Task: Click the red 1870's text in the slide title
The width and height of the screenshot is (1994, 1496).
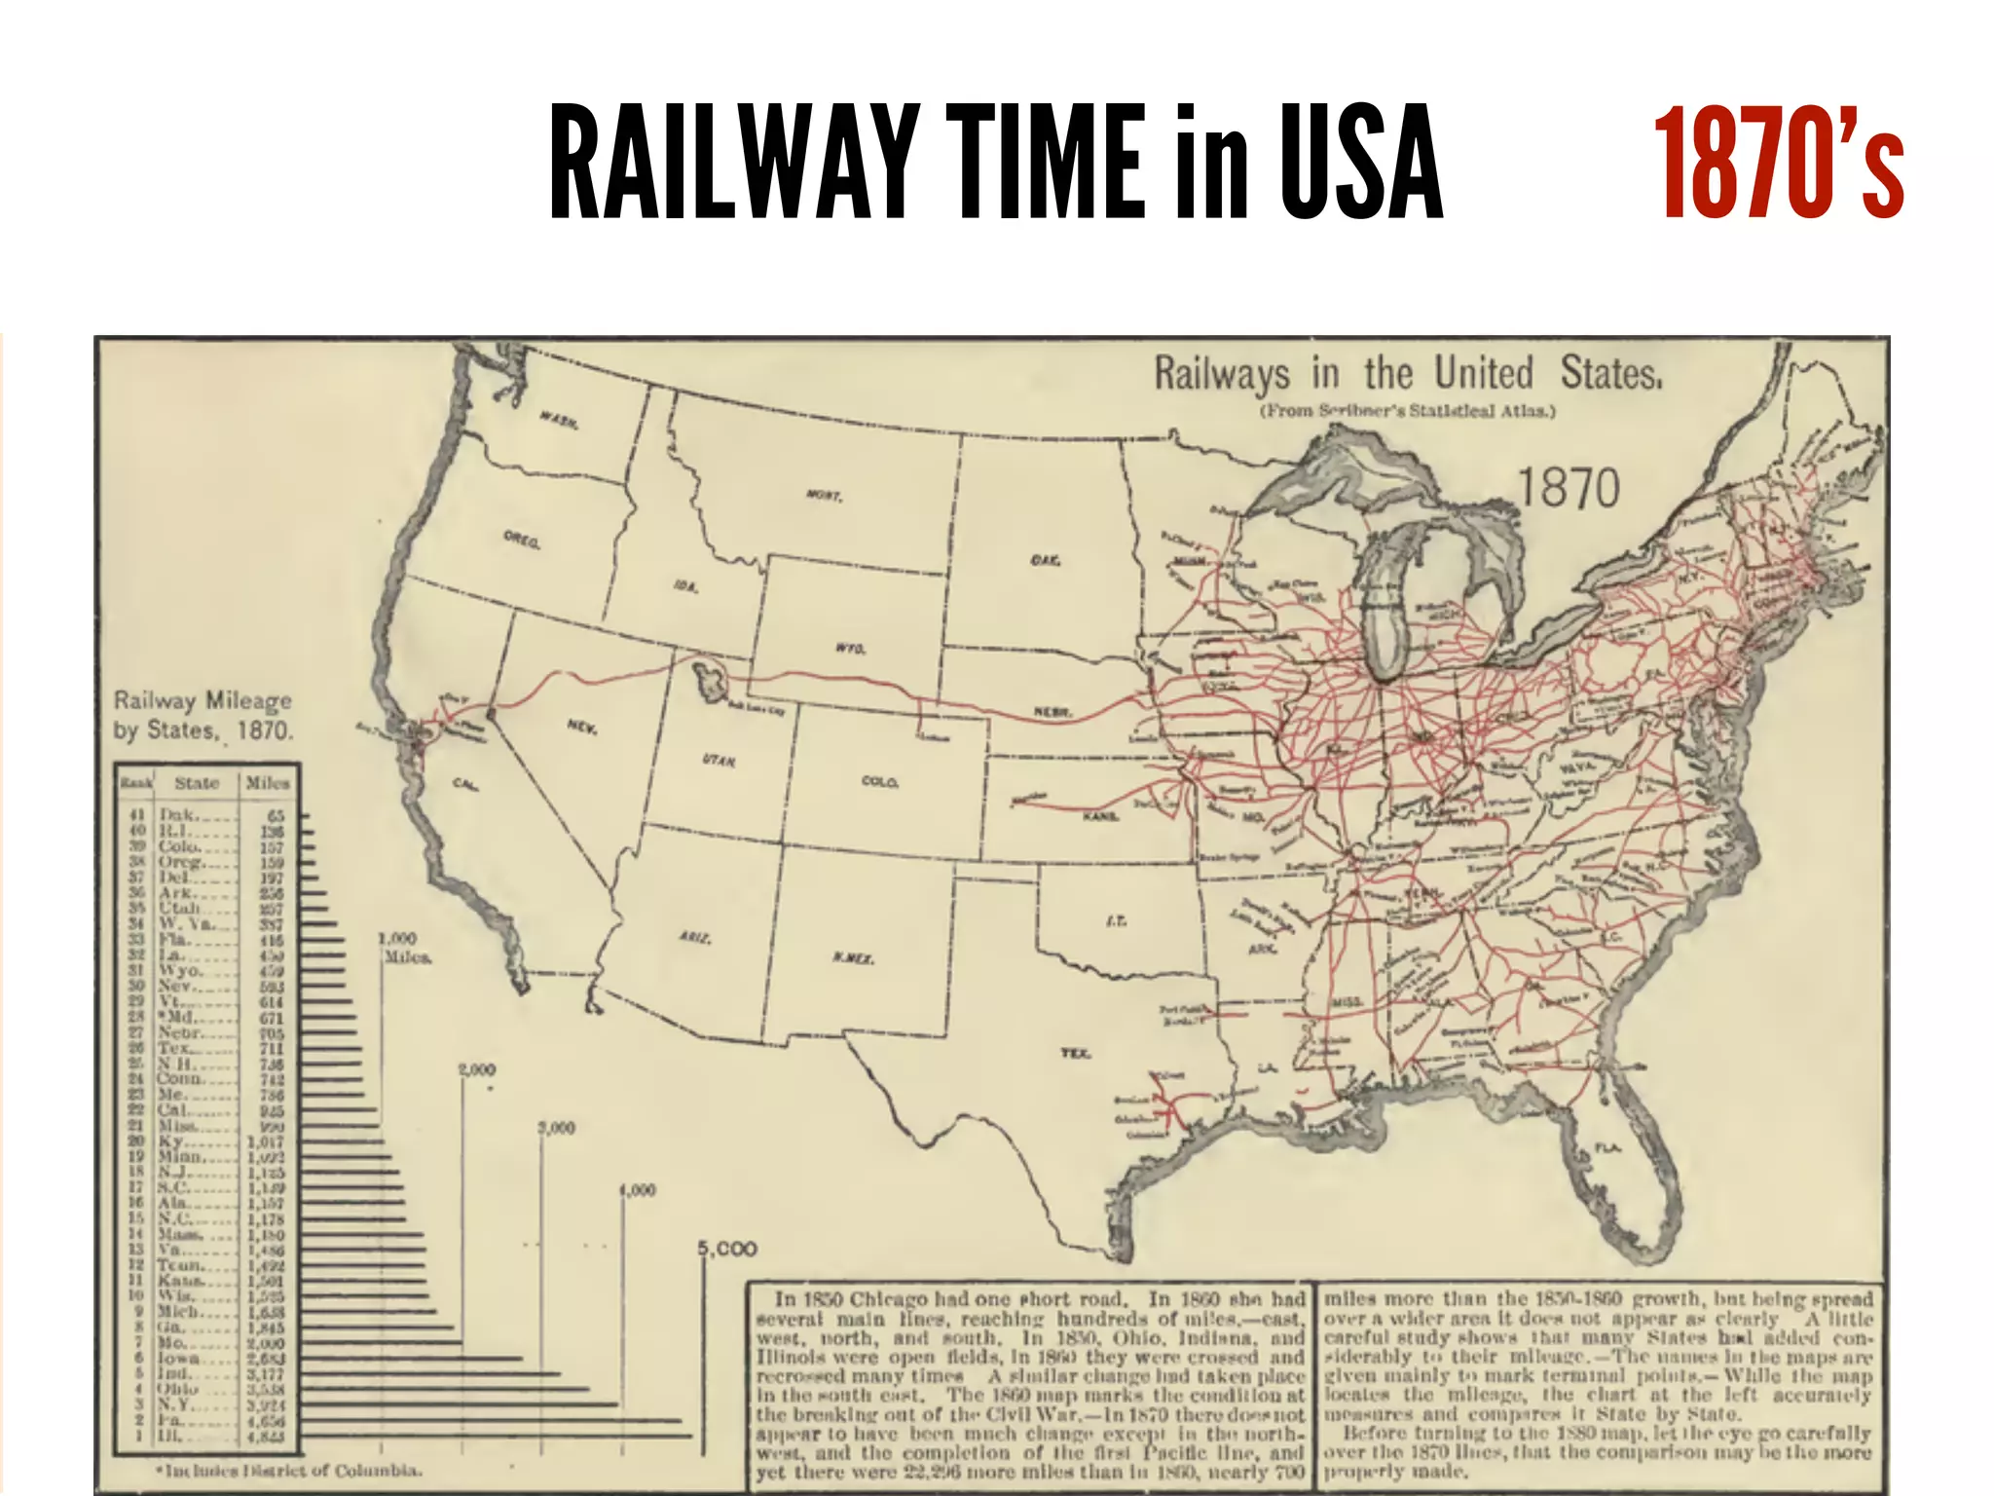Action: click(x=1778, y=162)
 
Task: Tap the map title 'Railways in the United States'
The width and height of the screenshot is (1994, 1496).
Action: click(x=1407, y=374)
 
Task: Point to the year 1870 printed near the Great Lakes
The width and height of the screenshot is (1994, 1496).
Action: click(x=1569, y=487)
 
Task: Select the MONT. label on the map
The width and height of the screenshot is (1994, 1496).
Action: click(x=824, y=496)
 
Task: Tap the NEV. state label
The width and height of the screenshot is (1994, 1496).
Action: click(x=582, y=729)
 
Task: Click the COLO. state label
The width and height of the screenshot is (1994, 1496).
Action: click(x=880, y=782)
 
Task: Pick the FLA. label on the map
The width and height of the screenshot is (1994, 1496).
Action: click(x=1607, y=1149)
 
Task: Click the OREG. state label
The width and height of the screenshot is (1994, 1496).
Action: click(x=522, y=539)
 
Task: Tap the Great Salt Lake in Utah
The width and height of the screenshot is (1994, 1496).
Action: click(x=710, y=681)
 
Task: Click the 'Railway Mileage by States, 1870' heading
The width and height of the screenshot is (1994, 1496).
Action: click(x=203, y=716)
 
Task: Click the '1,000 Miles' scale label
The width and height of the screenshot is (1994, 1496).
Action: click(x=399, y=947)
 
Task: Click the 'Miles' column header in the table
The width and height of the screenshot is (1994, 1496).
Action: click(x=267, y=783)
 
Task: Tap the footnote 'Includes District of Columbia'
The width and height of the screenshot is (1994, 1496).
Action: click(x=292, y=1470)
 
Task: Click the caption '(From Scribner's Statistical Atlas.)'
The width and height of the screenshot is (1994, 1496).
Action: click(x=1408, y=411)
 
